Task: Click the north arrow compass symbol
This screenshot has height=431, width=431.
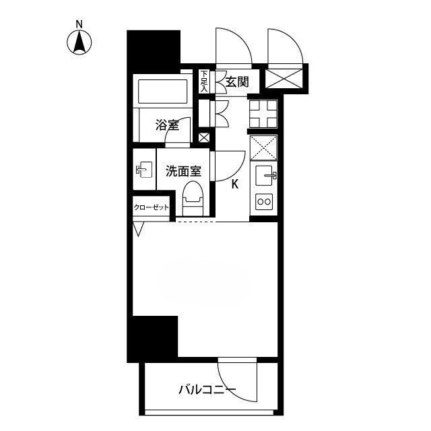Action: click(79, 42)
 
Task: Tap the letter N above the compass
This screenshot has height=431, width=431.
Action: click(79, 24)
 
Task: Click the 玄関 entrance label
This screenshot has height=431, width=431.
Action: click(237, 81)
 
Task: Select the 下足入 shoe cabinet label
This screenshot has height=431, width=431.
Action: click(204, 81)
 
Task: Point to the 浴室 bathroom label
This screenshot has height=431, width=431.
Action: click(167, 125)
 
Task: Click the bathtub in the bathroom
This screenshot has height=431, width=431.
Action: click(163, 91)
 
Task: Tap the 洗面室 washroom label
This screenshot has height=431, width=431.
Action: click(183, 171)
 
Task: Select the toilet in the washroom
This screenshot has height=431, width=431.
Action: click(193, 198)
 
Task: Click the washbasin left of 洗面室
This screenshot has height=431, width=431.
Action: click(144, 170)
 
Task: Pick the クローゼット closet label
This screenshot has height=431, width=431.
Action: click(151, 207)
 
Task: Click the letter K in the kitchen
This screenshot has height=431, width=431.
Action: click(235, 184)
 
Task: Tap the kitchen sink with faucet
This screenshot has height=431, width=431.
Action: click(265, 175)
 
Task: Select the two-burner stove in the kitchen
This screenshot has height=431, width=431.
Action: click(264, 202)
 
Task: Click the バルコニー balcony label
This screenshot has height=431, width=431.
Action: click(207, 389)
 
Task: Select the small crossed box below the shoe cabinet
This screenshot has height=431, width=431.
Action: click(204, 137)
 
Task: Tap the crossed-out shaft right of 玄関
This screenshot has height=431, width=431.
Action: click(284, 79)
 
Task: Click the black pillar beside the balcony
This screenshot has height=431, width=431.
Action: click(153, 339)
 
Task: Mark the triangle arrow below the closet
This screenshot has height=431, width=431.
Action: click(139, 229)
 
